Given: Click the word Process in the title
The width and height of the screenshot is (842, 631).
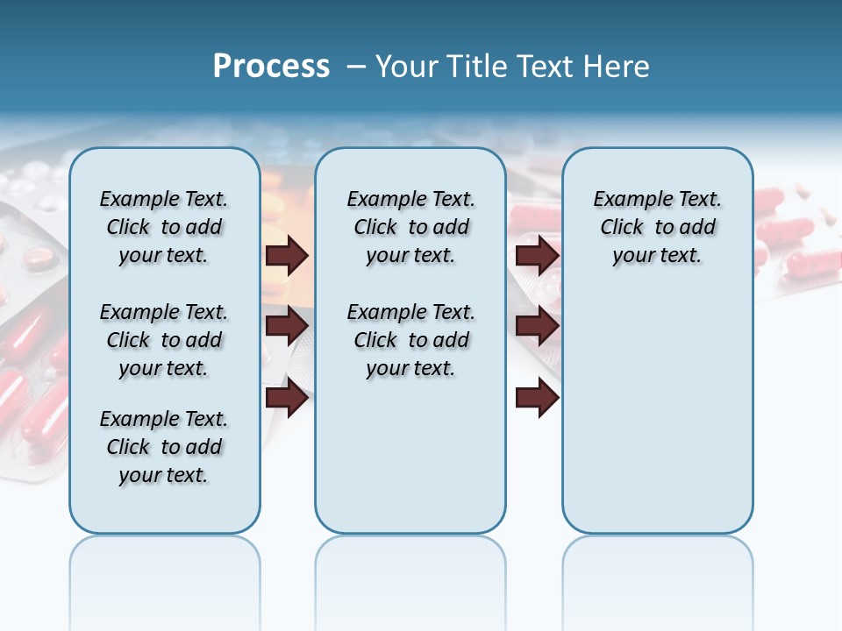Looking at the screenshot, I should click(x=271, y=67).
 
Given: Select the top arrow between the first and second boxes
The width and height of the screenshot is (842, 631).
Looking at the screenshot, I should click(x=287, y=255).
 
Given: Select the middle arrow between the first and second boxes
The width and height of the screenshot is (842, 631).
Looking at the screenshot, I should click(x=287, y=326).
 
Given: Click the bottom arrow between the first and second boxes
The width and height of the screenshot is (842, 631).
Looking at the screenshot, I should click(x=287, y=398).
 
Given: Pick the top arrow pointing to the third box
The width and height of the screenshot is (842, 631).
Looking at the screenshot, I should click(x=538, y=255).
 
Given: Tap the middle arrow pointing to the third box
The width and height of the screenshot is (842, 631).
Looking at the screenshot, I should click(x=538, y=326).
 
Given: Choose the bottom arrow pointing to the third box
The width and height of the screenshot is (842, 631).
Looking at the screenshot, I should click(x=538, y=398).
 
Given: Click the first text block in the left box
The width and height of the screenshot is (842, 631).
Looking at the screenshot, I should click(x=164, y=227).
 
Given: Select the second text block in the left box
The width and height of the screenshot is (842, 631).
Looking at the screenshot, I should click(x=164, y=340).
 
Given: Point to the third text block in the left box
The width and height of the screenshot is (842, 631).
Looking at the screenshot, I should click(x=164, y=447).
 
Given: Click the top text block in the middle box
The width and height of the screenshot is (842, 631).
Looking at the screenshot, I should click(x=410, y=227).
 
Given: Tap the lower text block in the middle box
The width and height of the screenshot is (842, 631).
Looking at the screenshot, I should click(x=410, y=340).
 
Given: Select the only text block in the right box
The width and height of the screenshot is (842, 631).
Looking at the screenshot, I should click(x=657, y=227).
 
